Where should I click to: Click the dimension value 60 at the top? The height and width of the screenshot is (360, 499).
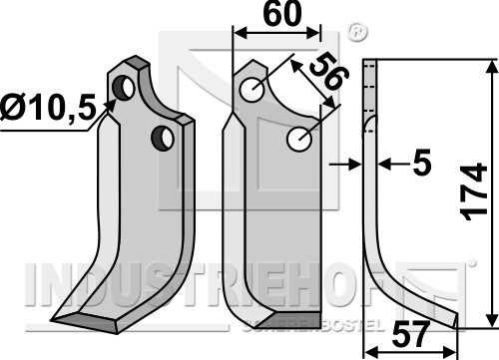[x=282, y=14]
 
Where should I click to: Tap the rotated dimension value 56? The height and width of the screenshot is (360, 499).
[x=328, y=73]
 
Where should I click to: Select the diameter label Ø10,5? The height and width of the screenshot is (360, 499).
[x=48, y=107]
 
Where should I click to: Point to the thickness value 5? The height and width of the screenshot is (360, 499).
[x=422, y=163]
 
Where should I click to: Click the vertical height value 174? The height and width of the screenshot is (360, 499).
[x=475, y=191]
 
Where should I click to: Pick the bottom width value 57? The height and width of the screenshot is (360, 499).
[x=409, y=335]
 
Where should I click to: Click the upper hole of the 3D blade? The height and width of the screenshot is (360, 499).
[x=123, y=88]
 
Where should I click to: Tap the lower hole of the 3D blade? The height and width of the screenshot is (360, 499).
[x=163, y=138]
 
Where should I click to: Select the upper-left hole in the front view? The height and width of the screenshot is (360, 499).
[x=252, y=90]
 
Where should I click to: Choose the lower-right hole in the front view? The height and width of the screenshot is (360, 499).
[x=299, y=140]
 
